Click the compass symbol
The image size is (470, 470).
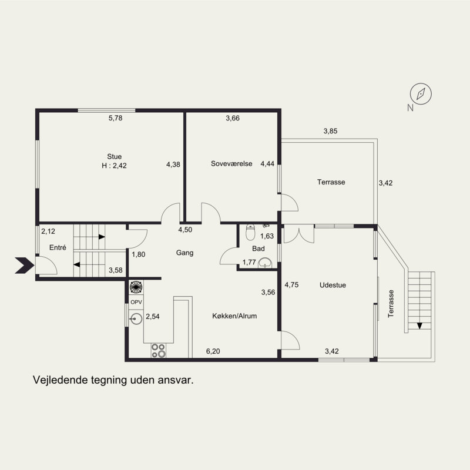(421, 94)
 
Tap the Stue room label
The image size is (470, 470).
(114, 156)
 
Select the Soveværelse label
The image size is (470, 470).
(231, 164)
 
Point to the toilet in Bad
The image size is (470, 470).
(250, 232)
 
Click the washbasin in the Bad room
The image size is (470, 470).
(265, 263)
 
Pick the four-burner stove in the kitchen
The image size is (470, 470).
(158, 350)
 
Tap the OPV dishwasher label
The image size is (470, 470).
(136, 302)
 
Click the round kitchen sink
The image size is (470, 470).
(136, 318)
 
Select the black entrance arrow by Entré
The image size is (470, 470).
(25, 266)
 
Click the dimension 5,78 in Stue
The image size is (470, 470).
(115, 118)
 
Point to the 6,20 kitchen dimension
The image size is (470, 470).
(213, 351)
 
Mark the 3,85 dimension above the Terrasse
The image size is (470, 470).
(330, 131)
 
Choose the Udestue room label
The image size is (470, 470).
(333, 285)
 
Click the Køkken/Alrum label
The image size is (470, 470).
(234, 316)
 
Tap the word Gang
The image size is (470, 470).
(184, 253)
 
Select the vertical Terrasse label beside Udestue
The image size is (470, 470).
(391, 304)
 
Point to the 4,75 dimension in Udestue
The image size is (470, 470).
(291, 285)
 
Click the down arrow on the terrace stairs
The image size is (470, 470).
(419, 326)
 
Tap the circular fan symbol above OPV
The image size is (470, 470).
(136, 287)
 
